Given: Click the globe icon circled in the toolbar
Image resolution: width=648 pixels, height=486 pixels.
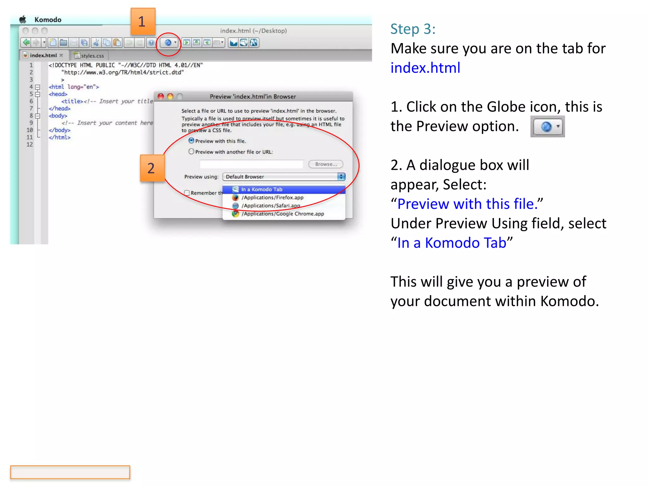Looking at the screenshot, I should pos(168,43).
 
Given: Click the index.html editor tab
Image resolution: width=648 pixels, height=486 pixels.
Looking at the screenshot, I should pos(43,55).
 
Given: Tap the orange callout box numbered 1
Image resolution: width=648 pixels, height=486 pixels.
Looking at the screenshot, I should pos(143,22).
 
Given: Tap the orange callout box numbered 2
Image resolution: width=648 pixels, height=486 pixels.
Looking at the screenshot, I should pos(152,168).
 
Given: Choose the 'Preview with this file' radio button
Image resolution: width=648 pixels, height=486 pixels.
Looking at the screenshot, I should pos(191,140).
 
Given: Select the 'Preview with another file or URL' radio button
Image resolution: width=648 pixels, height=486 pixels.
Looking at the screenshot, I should pos(191,152).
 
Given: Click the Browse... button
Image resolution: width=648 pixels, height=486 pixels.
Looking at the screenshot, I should pos(326,164).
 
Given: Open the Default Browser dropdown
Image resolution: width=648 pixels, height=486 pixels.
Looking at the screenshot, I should pos(283,177).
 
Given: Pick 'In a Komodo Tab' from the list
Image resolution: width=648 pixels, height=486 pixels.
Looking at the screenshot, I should pos(261,189).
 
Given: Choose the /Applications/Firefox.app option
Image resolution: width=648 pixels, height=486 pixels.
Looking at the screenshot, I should pos(272,197).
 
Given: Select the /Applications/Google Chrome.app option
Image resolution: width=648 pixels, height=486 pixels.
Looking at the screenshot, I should pos(283,214).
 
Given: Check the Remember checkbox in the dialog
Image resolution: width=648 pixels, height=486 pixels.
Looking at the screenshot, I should pos(187,193).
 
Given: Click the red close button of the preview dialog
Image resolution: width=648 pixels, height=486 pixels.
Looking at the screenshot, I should pos(161,97).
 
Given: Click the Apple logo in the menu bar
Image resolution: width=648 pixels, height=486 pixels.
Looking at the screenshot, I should pos(23,20).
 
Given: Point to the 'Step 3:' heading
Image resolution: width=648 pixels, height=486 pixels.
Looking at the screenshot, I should pos(413,29).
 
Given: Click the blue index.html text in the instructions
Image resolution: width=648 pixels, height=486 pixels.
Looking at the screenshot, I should pos(425,68).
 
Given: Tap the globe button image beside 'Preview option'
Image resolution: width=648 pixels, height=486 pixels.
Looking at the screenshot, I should pos(547,127).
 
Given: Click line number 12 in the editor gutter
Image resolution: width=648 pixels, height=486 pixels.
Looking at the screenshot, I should pos(30,145).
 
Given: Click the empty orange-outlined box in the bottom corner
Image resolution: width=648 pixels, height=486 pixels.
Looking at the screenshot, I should pos(70,472).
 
